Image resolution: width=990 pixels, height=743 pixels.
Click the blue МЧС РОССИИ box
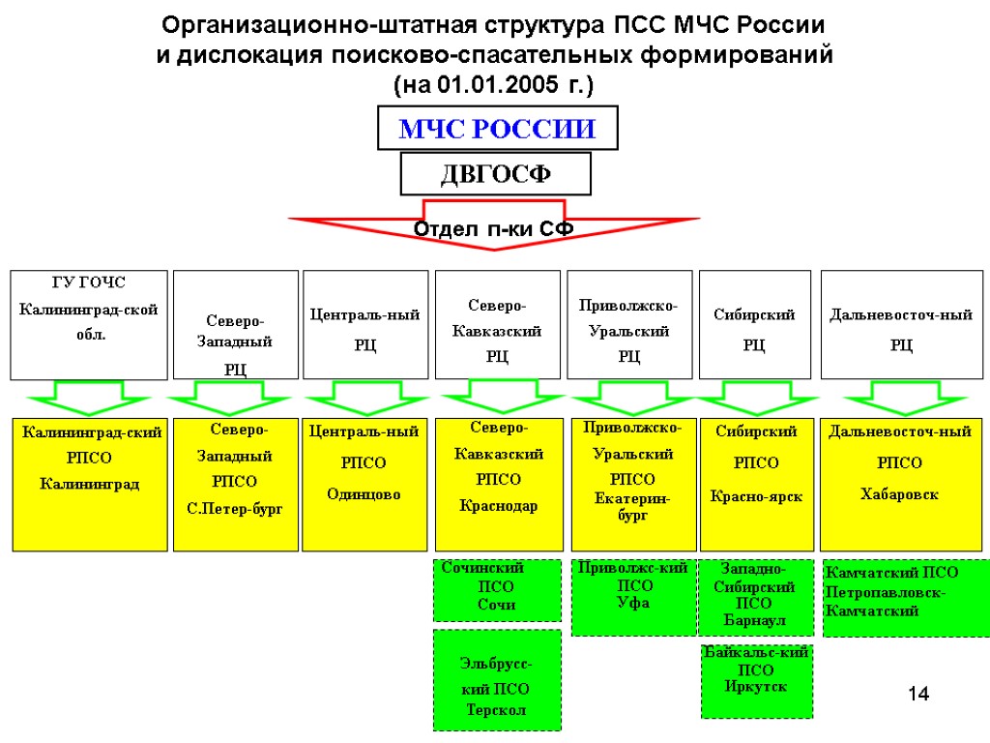497,129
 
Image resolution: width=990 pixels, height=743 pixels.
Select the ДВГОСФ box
496,174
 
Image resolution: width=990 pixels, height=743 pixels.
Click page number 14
917,694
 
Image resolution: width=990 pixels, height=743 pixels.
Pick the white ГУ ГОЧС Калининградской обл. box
89,324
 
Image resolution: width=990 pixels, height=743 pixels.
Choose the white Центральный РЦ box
364,324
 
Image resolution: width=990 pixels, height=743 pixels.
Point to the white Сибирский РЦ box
754,324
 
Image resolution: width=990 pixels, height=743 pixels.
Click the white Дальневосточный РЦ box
901,324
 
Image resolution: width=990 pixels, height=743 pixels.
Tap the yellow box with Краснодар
498,484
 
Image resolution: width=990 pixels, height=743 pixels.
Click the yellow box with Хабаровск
900,484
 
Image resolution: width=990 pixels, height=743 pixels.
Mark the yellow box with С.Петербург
235,484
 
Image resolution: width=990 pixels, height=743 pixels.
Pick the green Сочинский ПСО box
497,589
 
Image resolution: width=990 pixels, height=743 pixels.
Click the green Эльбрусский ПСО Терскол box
497,680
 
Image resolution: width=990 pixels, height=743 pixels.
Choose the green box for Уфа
633,597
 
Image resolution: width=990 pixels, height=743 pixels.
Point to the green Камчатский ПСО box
905,597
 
